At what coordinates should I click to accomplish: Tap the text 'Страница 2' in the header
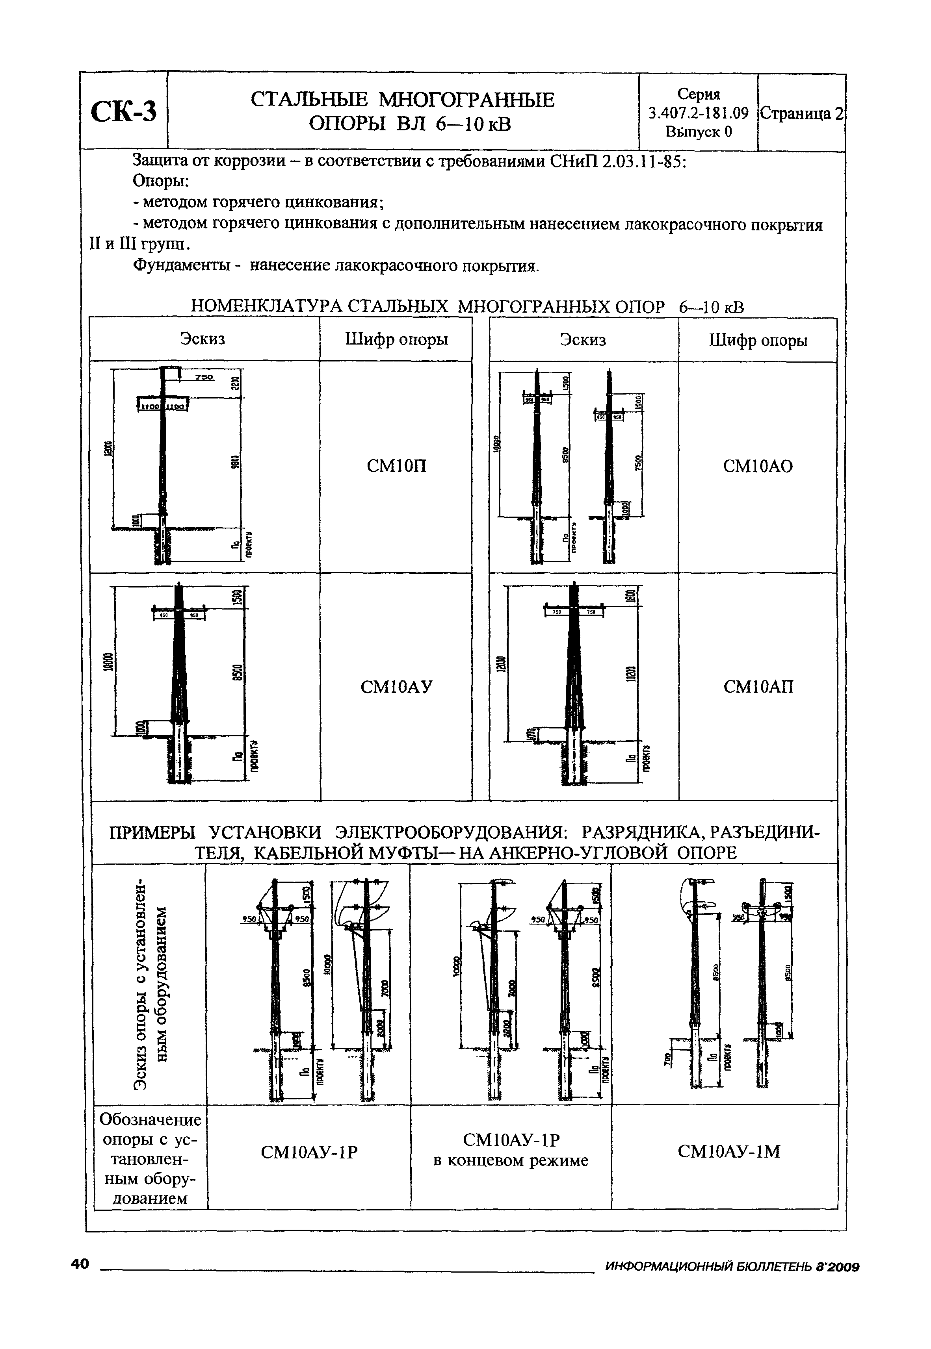pos(801,114)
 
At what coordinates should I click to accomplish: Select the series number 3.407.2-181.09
pos(698,113)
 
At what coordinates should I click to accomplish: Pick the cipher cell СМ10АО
pos(758,466)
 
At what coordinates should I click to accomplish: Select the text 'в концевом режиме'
pos(511,1161)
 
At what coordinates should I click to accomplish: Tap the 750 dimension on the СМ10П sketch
pos(204,378)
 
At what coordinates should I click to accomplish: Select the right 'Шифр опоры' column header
pos(758,341)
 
